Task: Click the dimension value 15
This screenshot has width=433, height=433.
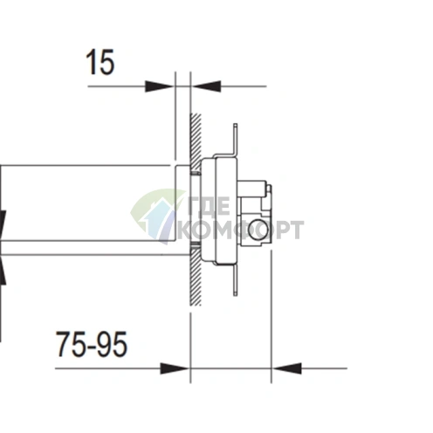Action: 100,63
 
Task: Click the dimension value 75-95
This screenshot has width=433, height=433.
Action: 92,345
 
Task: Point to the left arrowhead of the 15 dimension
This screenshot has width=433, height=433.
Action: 162,86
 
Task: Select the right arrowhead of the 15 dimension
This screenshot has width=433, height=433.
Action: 202,86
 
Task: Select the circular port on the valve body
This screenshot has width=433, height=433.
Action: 258,230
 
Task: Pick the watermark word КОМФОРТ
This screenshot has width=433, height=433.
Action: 240,230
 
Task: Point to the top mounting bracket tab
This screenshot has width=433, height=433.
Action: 234,140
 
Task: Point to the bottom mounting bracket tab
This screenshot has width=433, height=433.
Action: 234,281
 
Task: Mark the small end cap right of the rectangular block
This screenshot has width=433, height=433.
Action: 268,191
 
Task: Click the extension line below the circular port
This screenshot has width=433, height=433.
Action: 271,314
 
